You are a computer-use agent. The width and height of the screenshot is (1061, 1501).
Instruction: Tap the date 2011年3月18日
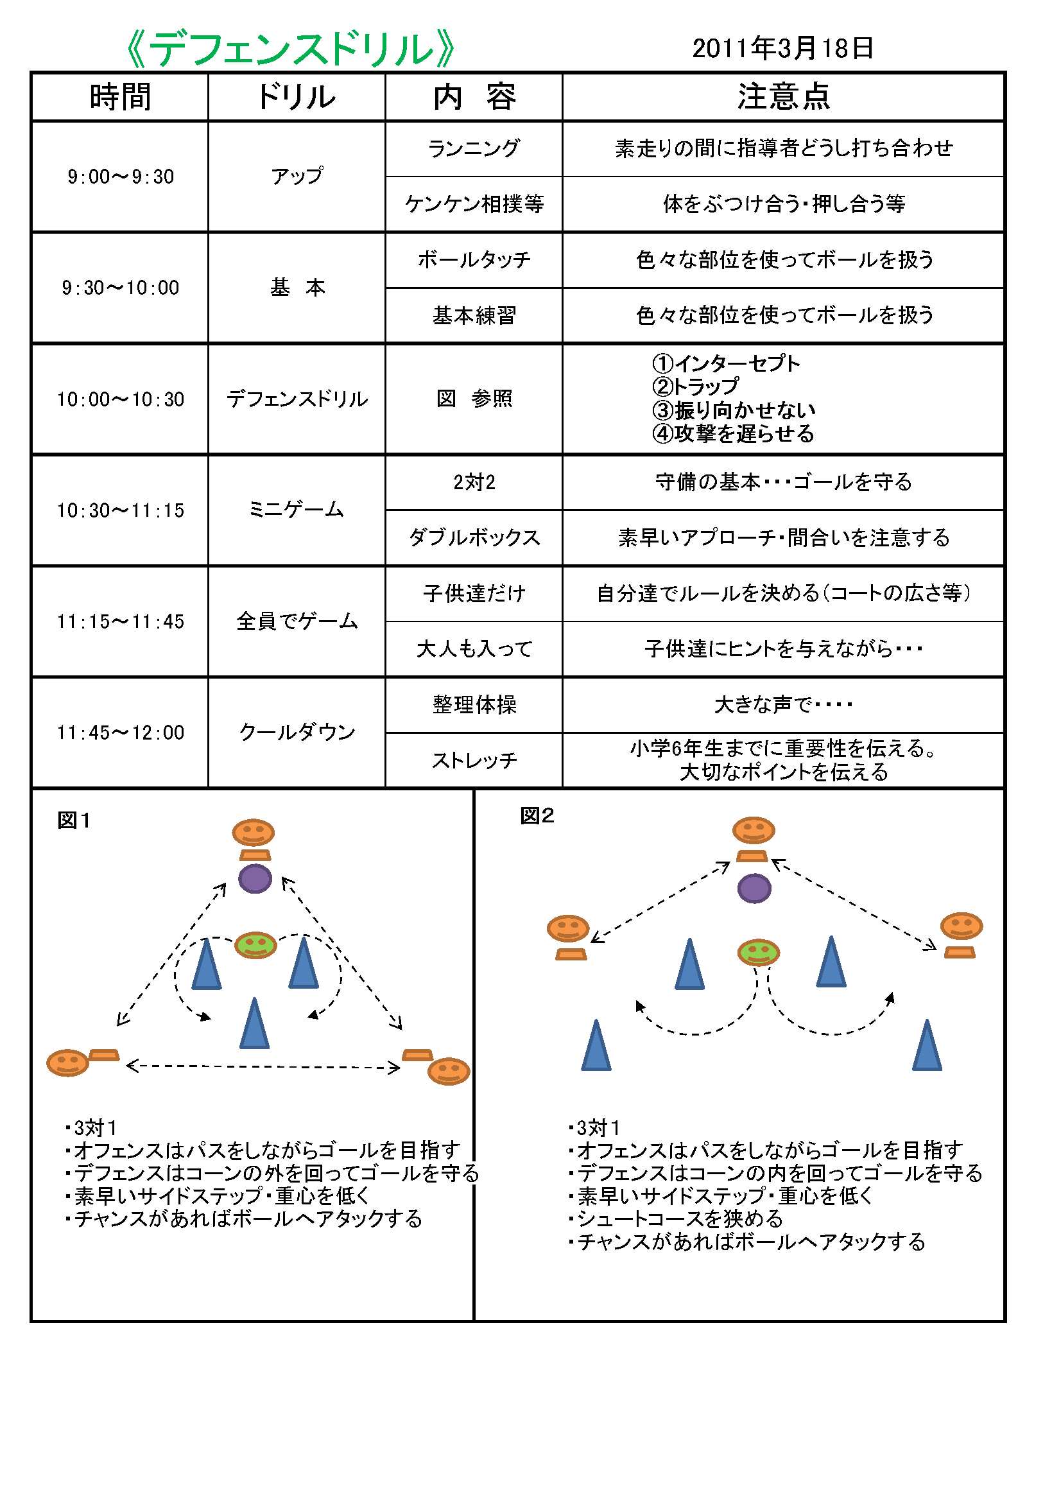point(782,48)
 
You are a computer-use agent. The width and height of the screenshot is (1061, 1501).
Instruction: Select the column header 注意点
point(783,97)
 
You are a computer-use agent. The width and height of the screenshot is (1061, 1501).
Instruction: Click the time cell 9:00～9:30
point(120,177)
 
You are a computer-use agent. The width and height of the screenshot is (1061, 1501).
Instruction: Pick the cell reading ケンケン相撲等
point(474,204)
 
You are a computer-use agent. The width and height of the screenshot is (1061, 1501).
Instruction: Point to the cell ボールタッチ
point(474,260)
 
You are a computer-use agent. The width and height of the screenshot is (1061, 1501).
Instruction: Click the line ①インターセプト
point(726,363)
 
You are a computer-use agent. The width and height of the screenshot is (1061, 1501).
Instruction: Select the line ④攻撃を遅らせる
point(733,433)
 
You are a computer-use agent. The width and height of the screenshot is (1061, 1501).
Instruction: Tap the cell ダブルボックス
point(474,538)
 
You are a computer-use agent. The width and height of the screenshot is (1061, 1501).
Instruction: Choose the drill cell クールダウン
point(297,732)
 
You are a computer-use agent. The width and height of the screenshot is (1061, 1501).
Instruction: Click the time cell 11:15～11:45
point(120,621)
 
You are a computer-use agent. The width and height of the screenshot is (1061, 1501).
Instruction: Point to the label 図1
point(73,820)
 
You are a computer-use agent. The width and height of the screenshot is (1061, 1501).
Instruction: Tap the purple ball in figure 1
point(255,879)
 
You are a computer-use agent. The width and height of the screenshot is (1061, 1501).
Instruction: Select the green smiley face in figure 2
point(758,952)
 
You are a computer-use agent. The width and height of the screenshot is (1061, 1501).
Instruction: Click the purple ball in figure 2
point(754,888)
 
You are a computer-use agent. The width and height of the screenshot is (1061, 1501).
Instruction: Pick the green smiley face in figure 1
point(255,944)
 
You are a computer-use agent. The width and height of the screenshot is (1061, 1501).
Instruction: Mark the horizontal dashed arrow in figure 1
point(263,1068)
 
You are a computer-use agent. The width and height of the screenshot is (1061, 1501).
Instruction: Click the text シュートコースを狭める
point(679,1219)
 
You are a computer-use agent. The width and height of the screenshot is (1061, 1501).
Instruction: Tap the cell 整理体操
point(474,705)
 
